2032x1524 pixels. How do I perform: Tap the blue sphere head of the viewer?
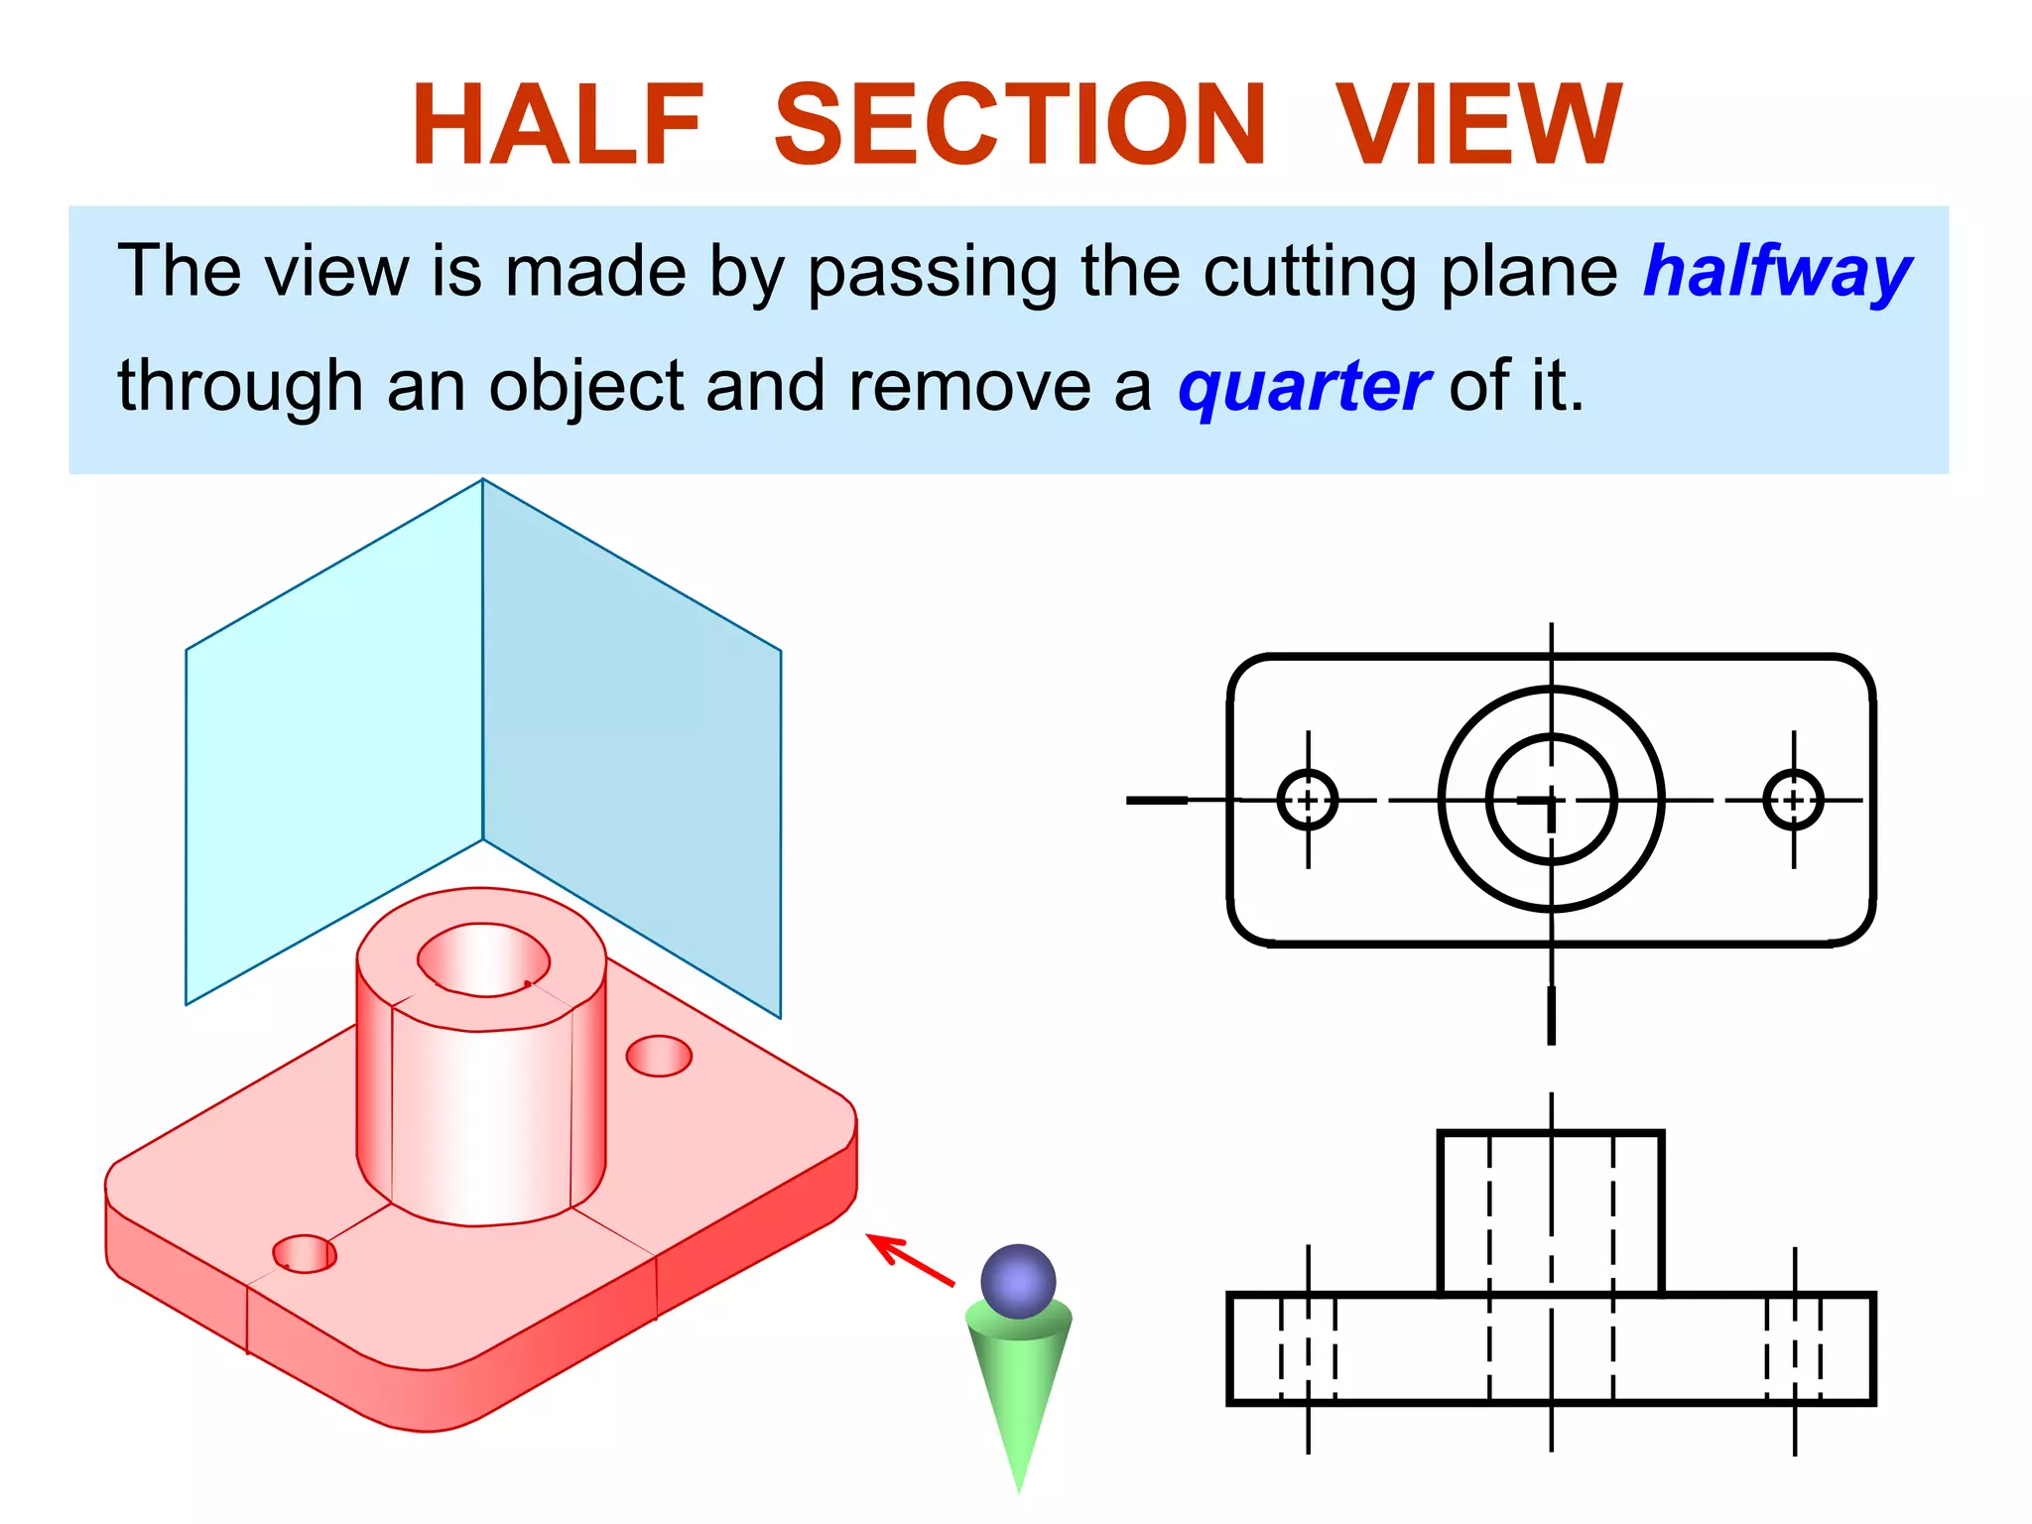[1018, 1280]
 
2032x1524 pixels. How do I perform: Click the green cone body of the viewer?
[1019, 1389]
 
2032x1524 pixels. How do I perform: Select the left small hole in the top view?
[1308, 800]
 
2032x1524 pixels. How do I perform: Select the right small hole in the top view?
[1793, 800]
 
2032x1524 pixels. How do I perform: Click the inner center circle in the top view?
[1551, 800]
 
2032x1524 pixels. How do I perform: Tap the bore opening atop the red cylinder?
[483, 958]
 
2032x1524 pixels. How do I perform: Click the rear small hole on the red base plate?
[659, 1056]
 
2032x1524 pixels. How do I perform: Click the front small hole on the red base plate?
[305, 1254]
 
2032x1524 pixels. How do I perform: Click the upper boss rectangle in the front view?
[1551, 1212]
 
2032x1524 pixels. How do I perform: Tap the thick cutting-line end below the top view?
[1552, 1014]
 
